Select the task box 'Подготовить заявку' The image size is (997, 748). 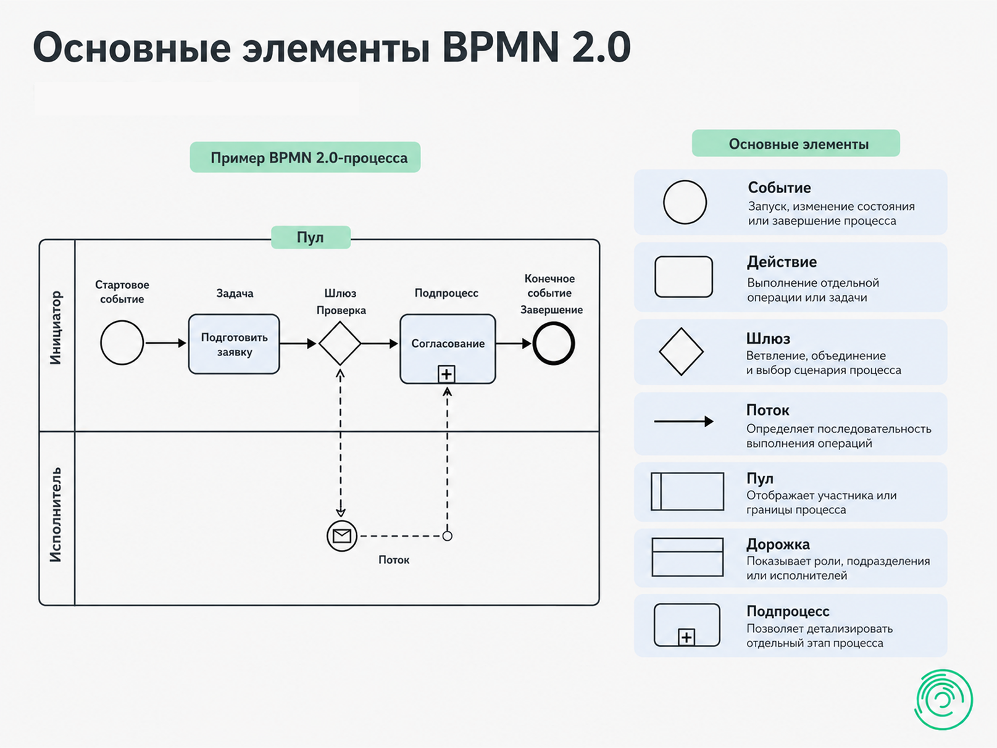pos(234,344)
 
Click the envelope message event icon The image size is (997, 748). pos(342,536)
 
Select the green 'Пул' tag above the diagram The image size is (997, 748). pos(311,238)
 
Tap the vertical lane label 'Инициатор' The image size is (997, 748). pos(56,328)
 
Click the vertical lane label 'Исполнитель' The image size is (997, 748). pos(56,515)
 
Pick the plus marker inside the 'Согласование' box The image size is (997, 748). pos(446,374)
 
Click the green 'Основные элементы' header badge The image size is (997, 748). pos(796,143)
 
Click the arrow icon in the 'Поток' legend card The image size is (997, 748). pos(683,422)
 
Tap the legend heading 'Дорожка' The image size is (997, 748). pos(778,544)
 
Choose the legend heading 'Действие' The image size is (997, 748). pos(782,262)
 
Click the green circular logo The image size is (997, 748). pos(943,699)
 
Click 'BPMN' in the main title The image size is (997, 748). pos(501,47)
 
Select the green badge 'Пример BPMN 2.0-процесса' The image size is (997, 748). pos(305,157)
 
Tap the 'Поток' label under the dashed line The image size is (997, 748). pos(394,560)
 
